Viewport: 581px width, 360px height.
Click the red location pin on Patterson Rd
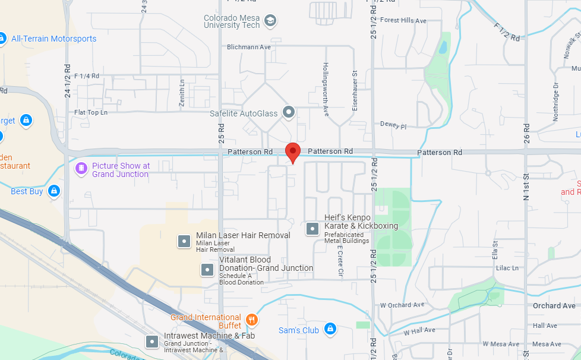(x=292, y=151)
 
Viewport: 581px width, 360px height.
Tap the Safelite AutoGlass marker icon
(x=289, y=112)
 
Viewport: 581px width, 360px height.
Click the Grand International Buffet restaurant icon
(x=252, y=320)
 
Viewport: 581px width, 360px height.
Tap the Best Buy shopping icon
(x=54, y=191)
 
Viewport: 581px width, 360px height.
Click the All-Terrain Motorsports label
(x=53, y=39)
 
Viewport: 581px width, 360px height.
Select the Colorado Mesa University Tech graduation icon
(x=270, y=21)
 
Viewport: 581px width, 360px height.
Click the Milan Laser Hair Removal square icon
(x=184, y=241)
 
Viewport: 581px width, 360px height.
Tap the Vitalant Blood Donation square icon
(x=207, y=270)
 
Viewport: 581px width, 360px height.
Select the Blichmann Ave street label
(x=249, y=47)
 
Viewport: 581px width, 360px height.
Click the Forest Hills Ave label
(x=403, y=21)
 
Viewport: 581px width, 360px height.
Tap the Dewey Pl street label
(x=393, y=127)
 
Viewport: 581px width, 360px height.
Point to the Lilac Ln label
(x=507, y=268)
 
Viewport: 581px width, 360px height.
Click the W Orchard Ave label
(x=402, y=305)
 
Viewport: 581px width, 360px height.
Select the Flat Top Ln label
(x=91, y=112)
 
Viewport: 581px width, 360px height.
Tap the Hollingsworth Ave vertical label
(x=326, y=89)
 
